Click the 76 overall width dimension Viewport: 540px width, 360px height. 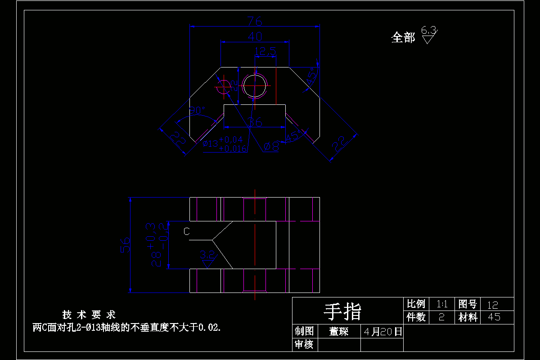(x=255, y=21)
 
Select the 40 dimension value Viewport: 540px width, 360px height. (x=255, y=36)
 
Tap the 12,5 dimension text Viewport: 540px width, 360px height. (x=265, y=52)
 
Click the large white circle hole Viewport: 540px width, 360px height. (x=255, y=85)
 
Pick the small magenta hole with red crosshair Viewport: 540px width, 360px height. (x=223, y=85)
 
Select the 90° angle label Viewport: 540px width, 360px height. (x=197, y=111)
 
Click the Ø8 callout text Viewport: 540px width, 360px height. (x=272, y=146)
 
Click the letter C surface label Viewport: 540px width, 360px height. (x=187, y=231)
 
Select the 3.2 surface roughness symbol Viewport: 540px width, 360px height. (x=207, y=258)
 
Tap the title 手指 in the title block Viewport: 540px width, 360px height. (x=343, y=311)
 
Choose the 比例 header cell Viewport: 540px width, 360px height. (x=416, y=304)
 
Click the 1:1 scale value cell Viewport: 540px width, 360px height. (x=441, y=304)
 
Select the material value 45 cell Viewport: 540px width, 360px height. (x=494, y=317)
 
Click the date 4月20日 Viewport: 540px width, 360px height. (x=382, y=332)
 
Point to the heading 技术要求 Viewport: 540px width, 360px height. (x=89, y=315)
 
